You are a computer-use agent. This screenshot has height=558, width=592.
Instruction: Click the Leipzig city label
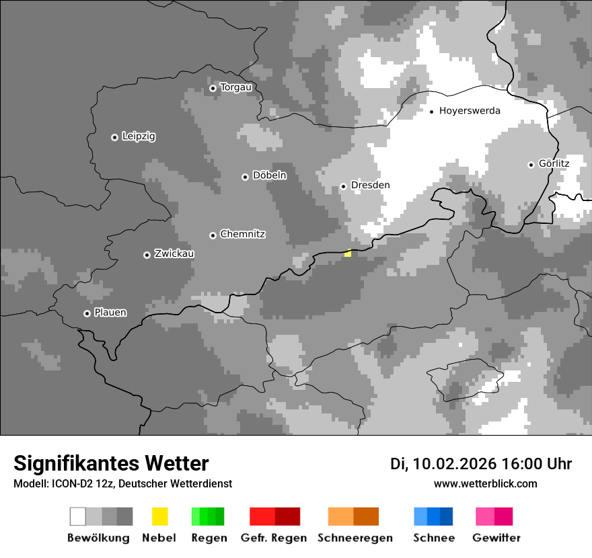tap(139, 136)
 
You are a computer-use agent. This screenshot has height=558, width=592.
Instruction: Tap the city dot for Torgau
tap(213, 88)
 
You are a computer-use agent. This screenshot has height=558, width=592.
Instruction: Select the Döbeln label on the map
tap(269, 175)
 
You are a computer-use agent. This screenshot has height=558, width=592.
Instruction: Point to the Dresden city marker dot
tap(343, 186)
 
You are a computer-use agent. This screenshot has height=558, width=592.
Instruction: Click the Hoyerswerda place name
tap(470, 111)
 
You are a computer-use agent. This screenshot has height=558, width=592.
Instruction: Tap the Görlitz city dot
tap(531, 165)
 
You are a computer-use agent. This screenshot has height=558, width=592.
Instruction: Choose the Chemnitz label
tap(242, 234)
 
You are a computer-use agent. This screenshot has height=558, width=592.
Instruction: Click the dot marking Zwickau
tap(147, 255)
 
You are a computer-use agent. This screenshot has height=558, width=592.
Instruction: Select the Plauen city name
tap(110, 313)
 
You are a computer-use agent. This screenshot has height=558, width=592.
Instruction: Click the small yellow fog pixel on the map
tap(348, 253)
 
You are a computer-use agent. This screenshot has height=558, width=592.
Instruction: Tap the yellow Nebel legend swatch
tap(159, 516)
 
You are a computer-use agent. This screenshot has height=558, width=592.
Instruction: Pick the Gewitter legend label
tap(496, 538)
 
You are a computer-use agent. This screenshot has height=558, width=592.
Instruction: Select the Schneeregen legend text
tap(355, 538)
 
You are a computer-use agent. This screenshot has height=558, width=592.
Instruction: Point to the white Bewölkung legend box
tap(78, 516)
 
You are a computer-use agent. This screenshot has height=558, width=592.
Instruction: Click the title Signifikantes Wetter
tap(111, 464)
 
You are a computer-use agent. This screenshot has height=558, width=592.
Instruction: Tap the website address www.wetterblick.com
tap(486, 483)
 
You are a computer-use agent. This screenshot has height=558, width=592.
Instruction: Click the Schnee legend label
tap(434, 538)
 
